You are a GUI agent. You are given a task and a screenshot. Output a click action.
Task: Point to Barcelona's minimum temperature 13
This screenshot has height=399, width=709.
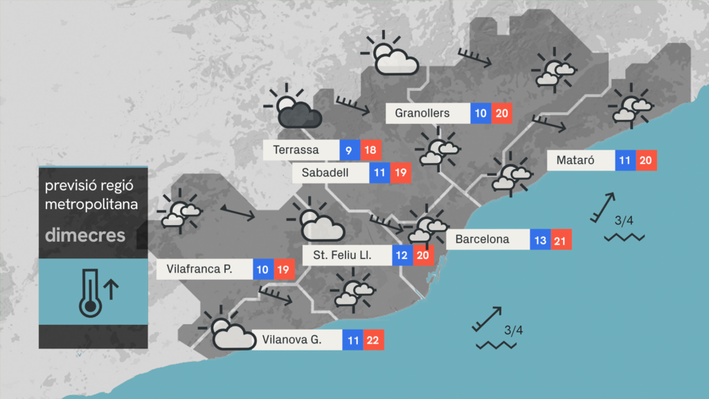pyautogui.click(x=541, y=240)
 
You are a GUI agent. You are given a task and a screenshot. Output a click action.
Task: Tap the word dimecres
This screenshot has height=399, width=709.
pyautogui.click(x=85, y=235)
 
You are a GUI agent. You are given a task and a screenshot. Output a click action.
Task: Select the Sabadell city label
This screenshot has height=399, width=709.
pyautogui.click(x=330, y=173)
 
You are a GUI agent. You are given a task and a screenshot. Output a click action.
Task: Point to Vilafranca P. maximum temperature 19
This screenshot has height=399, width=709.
pyautogui.click(x=284, y=269)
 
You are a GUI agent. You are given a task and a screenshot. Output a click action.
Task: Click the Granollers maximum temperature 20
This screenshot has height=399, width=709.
pyautogui.click(x=502, y=113)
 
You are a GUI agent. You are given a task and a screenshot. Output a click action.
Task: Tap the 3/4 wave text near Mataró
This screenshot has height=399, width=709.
pyautogui.click(x=624, y=221)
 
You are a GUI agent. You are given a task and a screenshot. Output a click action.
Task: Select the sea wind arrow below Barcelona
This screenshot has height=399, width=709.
pyautogui.click(x=487, y=319)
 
